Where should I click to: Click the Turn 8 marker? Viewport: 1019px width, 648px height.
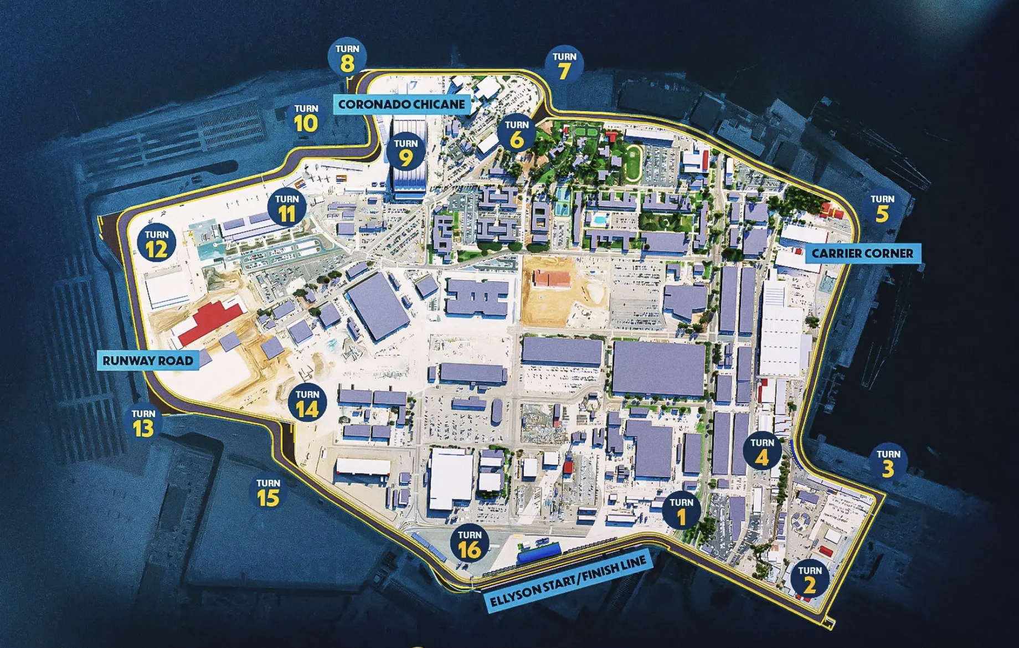[347, 58]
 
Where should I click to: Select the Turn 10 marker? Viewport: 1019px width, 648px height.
[306, 119]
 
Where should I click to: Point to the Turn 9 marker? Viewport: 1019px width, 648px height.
[406, 153]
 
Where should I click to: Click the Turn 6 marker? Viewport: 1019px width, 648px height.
[517, 134]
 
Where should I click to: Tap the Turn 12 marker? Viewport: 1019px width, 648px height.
[157, 244]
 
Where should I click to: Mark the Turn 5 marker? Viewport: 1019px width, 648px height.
[882, 209]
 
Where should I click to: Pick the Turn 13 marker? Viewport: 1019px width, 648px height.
[143, 424]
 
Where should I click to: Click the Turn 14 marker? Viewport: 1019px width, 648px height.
[307, 404]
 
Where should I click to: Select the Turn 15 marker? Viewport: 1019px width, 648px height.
[268, 493]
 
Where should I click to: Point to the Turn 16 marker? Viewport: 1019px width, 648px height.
[470, 544]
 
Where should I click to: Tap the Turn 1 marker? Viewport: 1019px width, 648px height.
[681, 511]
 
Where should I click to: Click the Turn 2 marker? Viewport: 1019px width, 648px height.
[810, 580]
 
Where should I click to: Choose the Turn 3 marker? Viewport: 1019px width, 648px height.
[888, 464]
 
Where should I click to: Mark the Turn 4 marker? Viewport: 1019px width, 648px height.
[762, 452]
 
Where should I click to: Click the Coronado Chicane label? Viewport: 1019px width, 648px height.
[402, 104]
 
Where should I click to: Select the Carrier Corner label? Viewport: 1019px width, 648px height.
[862, 254]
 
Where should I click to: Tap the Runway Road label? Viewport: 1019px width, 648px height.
[148, 361]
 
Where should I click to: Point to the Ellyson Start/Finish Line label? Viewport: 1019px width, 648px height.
[568, 583]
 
